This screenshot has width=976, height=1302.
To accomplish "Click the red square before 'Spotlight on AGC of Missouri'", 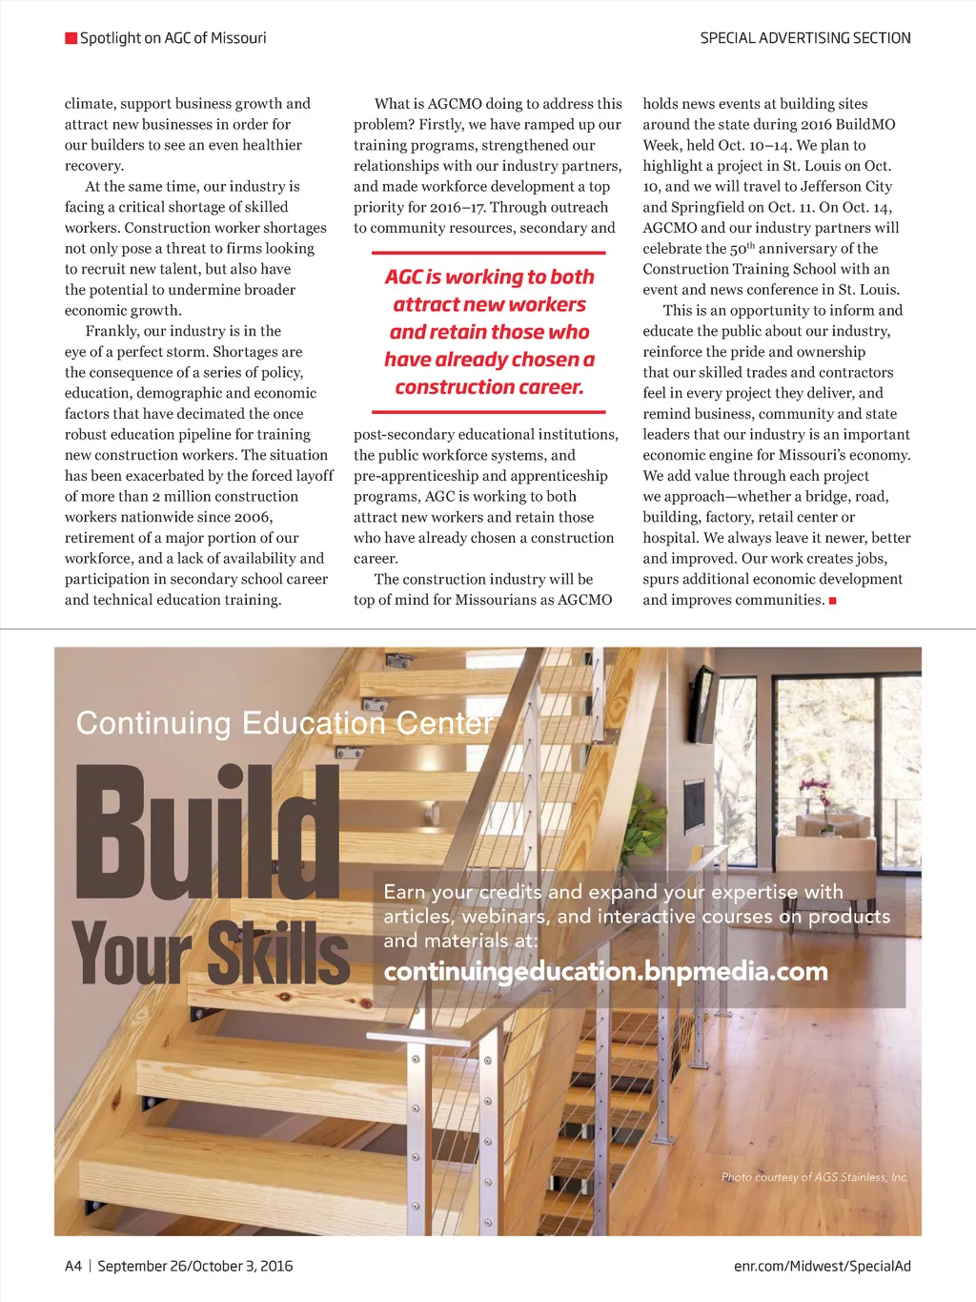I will (x=71, y=38).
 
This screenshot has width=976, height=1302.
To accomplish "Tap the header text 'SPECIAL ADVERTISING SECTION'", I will (x=805, y=38).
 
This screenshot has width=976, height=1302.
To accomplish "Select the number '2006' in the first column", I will (x=253, y=517).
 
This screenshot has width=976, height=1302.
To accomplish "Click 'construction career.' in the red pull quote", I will (x=489, y=387).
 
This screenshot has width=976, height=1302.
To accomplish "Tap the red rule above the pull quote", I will (x=489, y=253).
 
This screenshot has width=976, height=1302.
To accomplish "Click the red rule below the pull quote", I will (x=489, y=412).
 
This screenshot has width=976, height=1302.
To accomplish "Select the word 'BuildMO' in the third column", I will (x=865, y=125).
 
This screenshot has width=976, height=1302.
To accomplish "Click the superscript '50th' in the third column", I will (x=742, y=249).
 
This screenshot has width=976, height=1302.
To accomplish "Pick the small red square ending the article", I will (x=833, y=601).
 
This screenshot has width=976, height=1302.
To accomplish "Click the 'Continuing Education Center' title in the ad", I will (x=285, y=723).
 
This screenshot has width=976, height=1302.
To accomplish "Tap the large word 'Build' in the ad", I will (x=208, y=832).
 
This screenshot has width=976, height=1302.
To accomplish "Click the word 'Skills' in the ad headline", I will (x=279, y=953).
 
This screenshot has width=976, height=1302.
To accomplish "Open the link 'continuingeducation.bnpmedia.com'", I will (x=605, y=972).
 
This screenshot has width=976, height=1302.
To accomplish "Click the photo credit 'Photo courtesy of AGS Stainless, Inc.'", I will (x=815, y=1177).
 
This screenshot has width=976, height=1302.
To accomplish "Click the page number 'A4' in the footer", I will (x=73, y=1266).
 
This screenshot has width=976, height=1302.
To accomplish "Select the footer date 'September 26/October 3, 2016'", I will (x=195, y=1266).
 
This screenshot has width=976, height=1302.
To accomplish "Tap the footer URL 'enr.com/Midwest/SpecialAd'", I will (x=822, y=1266).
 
